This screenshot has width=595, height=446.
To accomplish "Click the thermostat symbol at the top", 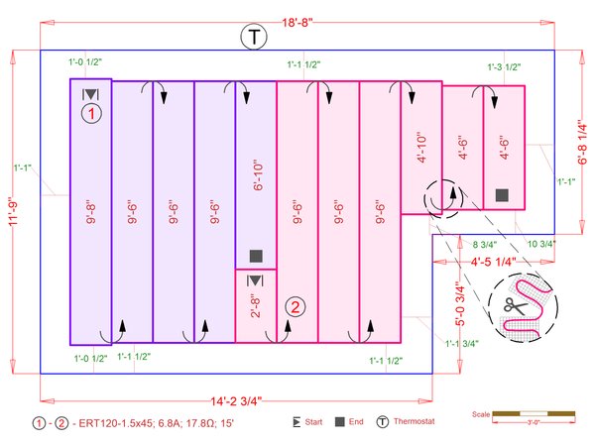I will pos(255,39).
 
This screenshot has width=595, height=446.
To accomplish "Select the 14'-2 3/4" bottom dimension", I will pos(235,400).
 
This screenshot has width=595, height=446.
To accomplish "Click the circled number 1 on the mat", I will pos(91,114).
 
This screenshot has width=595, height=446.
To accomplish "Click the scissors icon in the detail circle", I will pos(515,306).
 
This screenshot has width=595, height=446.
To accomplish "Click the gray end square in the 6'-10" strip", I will pos(255,255).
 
